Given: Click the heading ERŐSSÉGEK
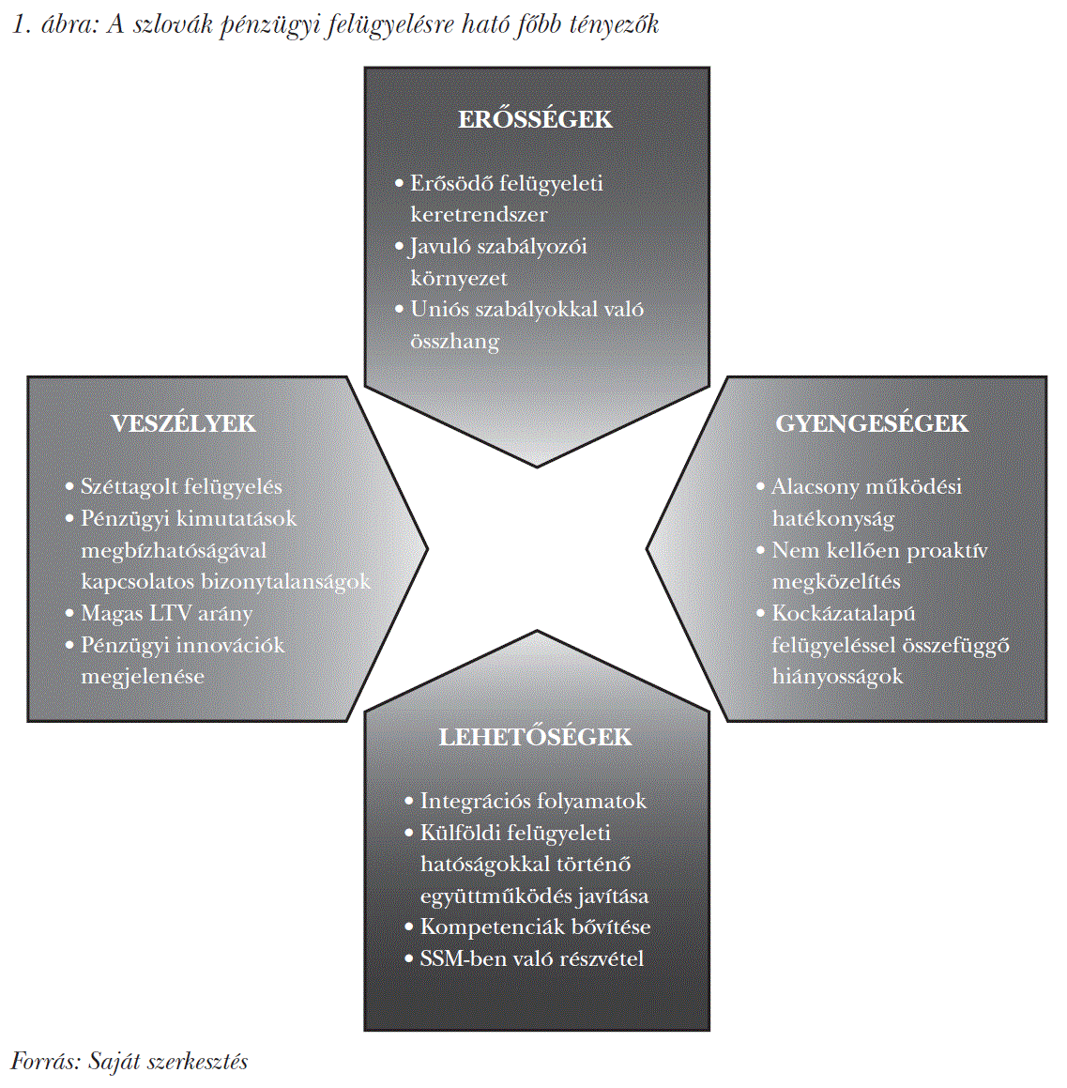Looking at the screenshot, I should pyautogui.click(x=535, y=120).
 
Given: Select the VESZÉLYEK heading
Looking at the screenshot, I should pyautogui.click(x=183, y=424).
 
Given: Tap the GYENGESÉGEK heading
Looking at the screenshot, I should pyautogui.click(x=871, y=424).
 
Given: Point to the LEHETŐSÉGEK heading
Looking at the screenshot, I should pyautogui.click(x=535, y=738).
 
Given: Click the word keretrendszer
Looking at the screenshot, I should pyautogui.click(x=479, y=215).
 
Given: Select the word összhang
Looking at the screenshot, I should pyautogui.click(x=454, y=342).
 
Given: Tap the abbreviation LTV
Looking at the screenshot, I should pyautogui.click(x=170, y=614).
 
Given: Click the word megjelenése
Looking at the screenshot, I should pyautogui.click(x=143, y=677).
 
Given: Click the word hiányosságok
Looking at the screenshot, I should pyautogui.click(x=837, y=677).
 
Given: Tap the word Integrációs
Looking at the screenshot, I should pyautogui.click(x=474, y=802).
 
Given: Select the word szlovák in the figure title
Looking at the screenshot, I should pyautogui.click(x=173, y=24).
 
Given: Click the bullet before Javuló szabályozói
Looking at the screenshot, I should pyautogui.click(x=400, y=247).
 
